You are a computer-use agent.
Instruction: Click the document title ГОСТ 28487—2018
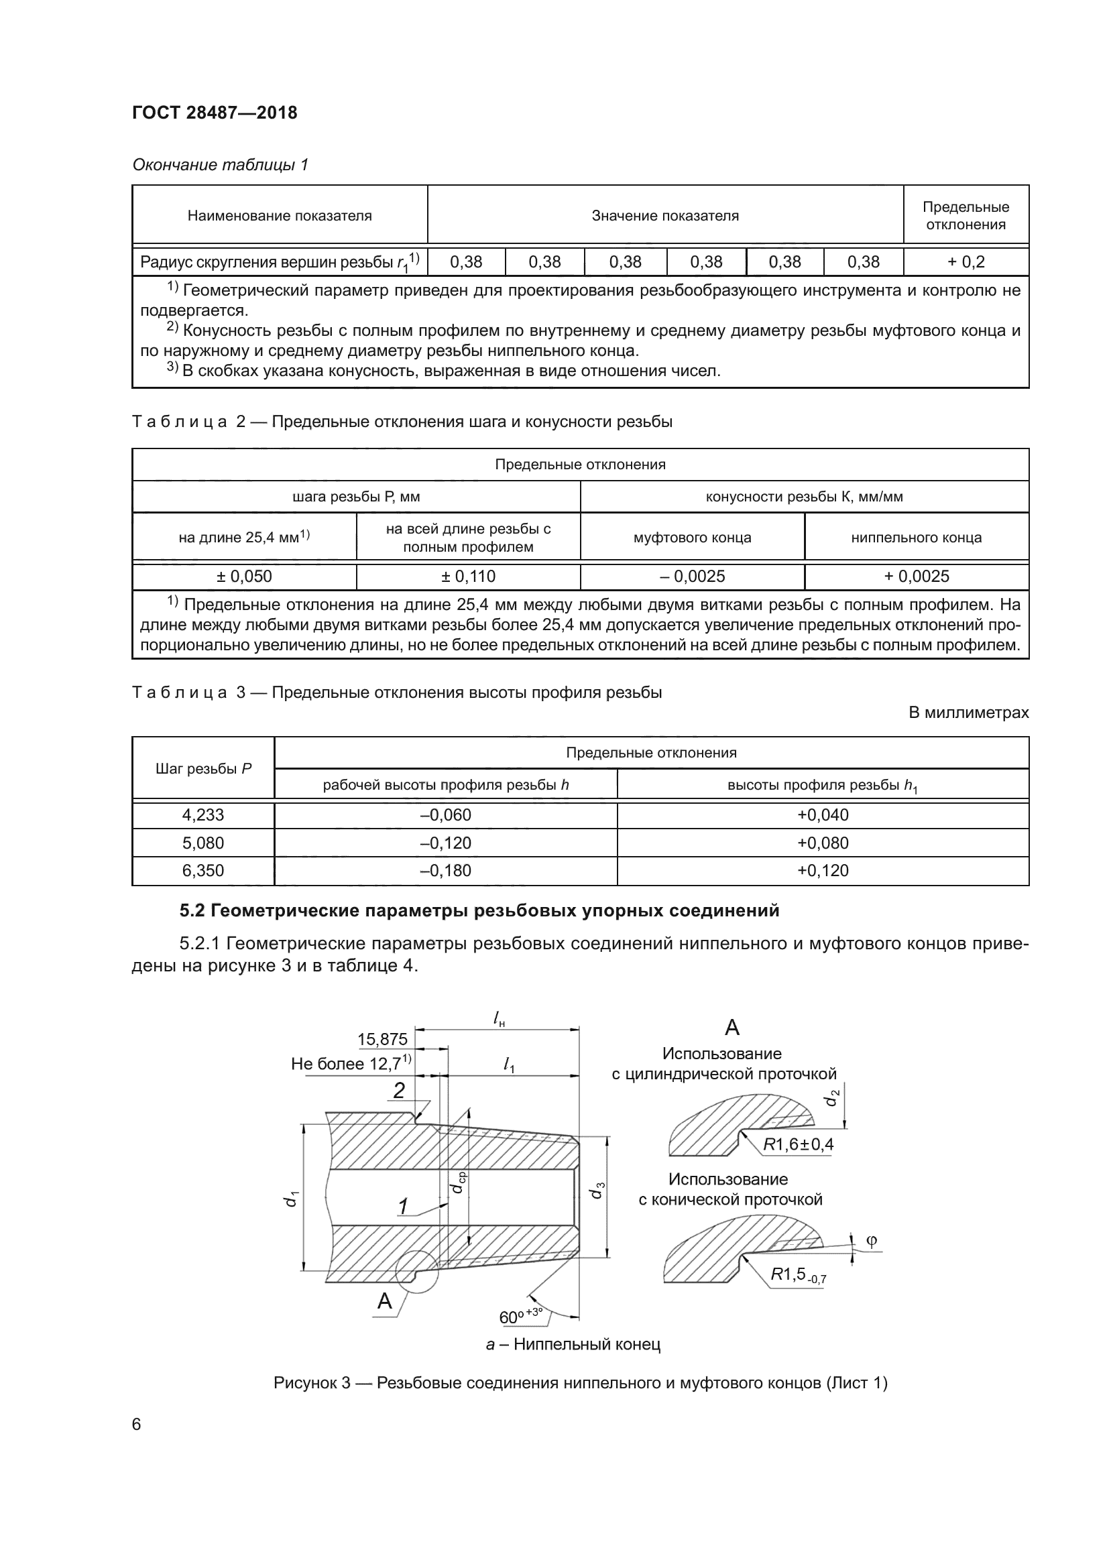pyautogui.click(x=215, y=113)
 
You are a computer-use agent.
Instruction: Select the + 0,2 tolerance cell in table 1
pyautogui.click(x=966, y=261)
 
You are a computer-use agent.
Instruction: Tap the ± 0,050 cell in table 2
pyautogui.click(x=244, y=576)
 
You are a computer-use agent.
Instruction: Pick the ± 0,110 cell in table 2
pyautogui.click(x=468, y=576)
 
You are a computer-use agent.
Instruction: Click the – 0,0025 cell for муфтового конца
pyautogui.click(x=692, y=576)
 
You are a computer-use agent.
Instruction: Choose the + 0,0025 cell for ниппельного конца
pyautogui.click(x=917, y=576)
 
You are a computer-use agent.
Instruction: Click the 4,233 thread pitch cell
pyautogui.click(x=202, y=815)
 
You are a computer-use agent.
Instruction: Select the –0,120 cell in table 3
pyautogui.click(x=445, y=843)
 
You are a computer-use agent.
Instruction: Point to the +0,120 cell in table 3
pyautogui.click(x=823, y=871)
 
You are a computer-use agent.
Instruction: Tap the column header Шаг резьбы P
pyautogui.click(x=202, y=768)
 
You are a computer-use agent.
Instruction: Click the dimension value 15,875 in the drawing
pyautogui.click(x=382, y=1040)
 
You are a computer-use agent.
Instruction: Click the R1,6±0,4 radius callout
pyautogui.click(x=799, y=1144)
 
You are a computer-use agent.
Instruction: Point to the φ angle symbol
pyautogui.click(x=871, y=1240)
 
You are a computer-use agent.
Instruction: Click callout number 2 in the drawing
pyautogui.click(x=399, y=1091)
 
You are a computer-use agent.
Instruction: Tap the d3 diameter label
pyautogui.click(x=596, y=1191)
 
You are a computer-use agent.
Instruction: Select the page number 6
pyautogui.click(x=137, y=1425)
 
